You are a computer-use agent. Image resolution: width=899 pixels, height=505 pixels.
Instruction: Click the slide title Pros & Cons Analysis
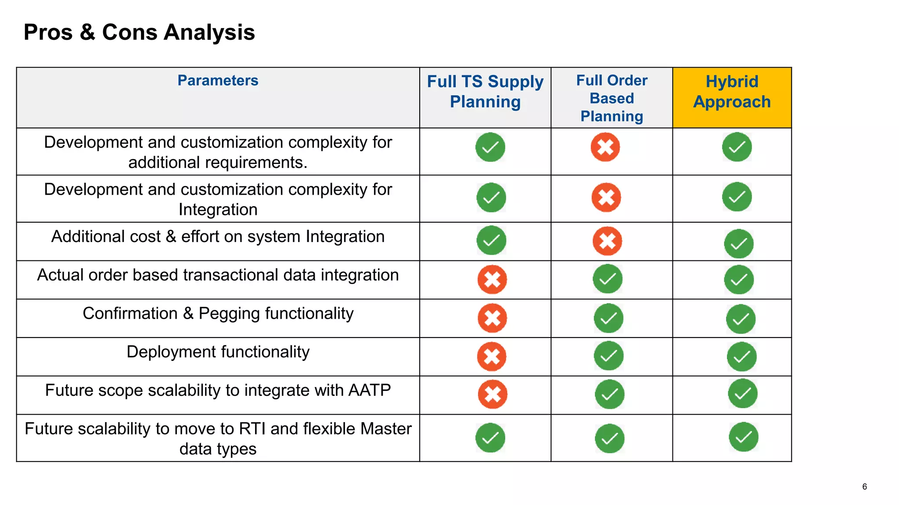(x=139, y=32)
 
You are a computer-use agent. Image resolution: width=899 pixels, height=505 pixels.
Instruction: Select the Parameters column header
(x=218, y=81)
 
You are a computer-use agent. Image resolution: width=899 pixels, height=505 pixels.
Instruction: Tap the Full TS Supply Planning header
(x=485, y=92)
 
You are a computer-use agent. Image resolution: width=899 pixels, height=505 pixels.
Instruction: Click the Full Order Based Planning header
(x=611, y=98)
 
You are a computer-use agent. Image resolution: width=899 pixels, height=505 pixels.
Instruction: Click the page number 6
(x=864, y=487)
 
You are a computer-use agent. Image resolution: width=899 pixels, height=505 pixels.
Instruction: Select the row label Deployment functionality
(x=218, y=352)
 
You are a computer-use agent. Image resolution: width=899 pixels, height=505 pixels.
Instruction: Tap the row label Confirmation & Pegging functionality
(x=218, y=313)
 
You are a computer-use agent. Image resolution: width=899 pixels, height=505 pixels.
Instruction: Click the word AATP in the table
(x=369, y=390)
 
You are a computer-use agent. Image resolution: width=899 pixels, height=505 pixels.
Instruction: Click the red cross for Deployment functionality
(x=492, y=356)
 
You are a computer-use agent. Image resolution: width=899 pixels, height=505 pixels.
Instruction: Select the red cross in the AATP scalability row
(x=493, y=394)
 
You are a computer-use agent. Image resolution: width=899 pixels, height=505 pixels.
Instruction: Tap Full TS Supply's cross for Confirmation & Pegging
(x=492, y=318)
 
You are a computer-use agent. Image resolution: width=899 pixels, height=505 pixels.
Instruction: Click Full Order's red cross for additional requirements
(x=605, y=147)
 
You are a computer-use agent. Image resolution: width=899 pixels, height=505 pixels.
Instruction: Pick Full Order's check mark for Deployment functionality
(x=608, y=356)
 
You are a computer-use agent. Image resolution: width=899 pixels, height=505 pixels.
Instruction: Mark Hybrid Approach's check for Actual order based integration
(x=739, y=280)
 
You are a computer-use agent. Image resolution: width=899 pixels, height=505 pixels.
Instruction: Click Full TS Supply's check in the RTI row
(x=490, y=437)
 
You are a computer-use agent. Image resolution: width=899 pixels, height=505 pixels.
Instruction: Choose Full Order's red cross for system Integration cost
(x=607, y=241)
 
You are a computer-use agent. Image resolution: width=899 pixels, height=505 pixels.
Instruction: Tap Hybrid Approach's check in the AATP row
(x=743, y=394)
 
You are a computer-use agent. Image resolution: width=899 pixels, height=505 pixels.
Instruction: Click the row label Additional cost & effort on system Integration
(x=218, y=237)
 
